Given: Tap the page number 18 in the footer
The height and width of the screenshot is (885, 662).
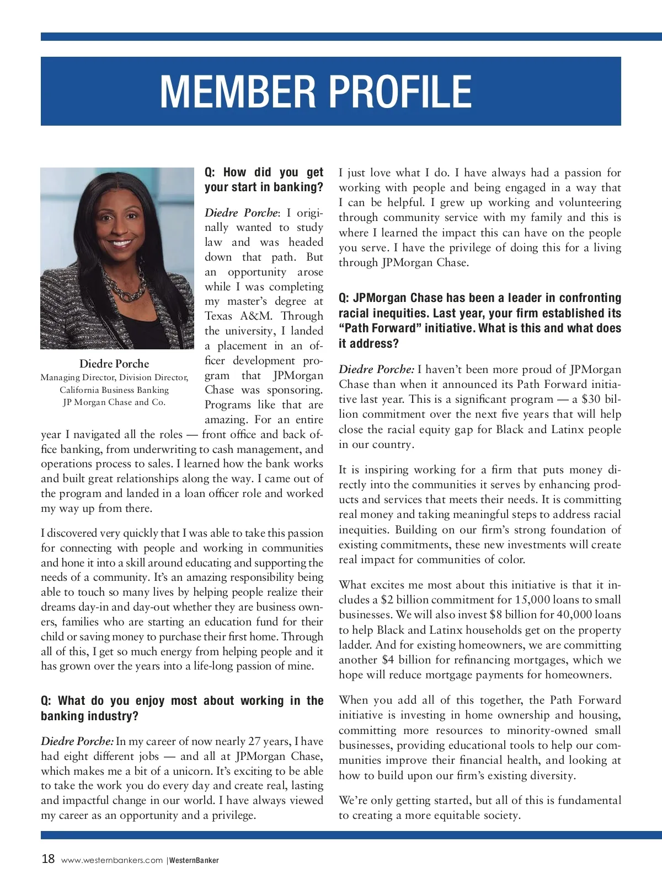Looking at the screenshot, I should coord(48,859).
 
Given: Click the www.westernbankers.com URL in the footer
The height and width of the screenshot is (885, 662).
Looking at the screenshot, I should coord(112,860).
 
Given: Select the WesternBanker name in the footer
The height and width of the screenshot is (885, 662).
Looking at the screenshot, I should coord(194,860).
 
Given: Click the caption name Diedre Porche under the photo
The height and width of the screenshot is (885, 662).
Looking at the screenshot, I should coord(114,364).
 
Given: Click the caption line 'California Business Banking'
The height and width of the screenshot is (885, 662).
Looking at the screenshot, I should coord(114,390).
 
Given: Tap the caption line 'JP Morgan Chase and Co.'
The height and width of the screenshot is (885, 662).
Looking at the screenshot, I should coord(114,402).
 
